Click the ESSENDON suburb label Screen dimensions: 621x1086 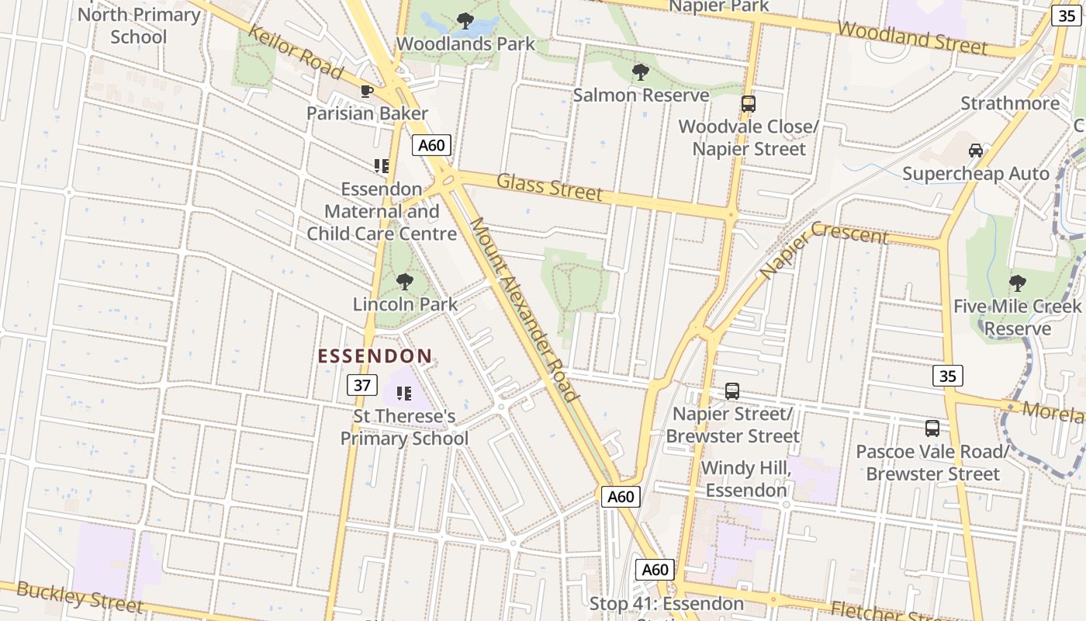(375, 356)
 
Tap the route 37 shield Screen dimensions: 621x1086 (361, 385)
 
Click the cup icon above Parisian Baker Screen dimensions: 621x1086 (367, 91)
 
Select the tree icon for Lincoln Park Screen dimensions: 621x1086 (404, 281)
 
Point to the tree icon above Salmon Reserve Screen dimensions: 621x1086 (640, 72)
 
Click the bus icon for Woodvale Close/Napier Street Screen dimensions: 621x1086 (748, 103)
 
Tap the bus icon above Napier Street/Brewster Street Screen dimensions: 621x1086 (731, 391)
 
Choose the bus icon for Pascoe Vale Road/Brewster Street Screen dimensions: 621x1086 (932, 428)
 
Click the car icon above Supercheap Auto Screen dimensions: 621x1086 (975, 151)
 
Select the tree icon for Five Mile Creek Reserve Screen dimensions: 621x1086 (1016, 283)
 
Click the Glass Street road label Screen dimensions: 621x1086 (549, 187)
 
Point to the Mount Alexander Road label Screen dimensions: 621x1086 (524, 309)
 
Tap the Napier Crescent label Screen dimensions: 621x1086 (823, 248)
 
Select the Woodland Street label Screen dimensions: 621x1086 (913, 37)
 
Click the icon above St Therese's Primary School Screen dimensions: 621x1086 (403, 394)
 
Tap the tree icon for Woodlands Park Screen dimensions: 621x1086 (465, 21)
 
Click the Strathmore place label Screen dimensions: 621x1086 (1009, 103)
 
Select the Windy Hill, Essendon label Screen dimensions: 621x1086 (745, 479)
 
